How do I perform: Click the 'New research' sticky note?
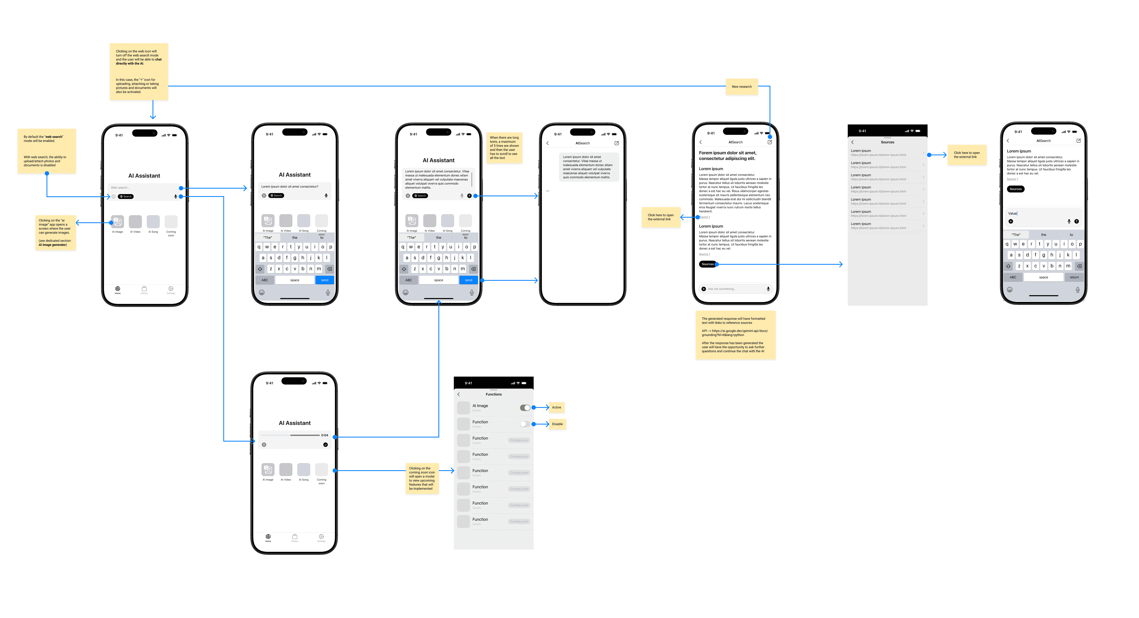742,87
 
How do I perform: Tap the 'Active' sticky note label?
556,408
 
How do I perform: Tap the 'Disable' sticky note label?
557,424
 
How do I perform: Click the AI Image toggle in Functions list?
525,408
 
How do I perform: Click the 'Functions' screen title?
494,394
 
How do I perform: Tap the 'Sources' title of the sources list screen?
887,142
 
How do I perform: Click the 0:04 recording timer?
325,435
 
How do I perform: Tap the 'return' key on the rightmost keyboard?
1074,277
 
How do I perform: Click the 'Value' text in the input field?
1012,214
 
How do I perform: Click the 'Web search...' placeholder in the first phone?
120,188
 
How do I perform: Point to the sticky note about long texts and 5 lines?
504,148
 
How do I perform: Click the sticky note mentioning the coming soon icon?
422,478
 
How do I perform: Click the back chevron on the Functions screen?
459,394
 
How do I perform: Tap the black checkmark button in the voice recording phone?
325,445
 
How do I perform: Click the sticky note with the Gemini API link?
735,335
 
